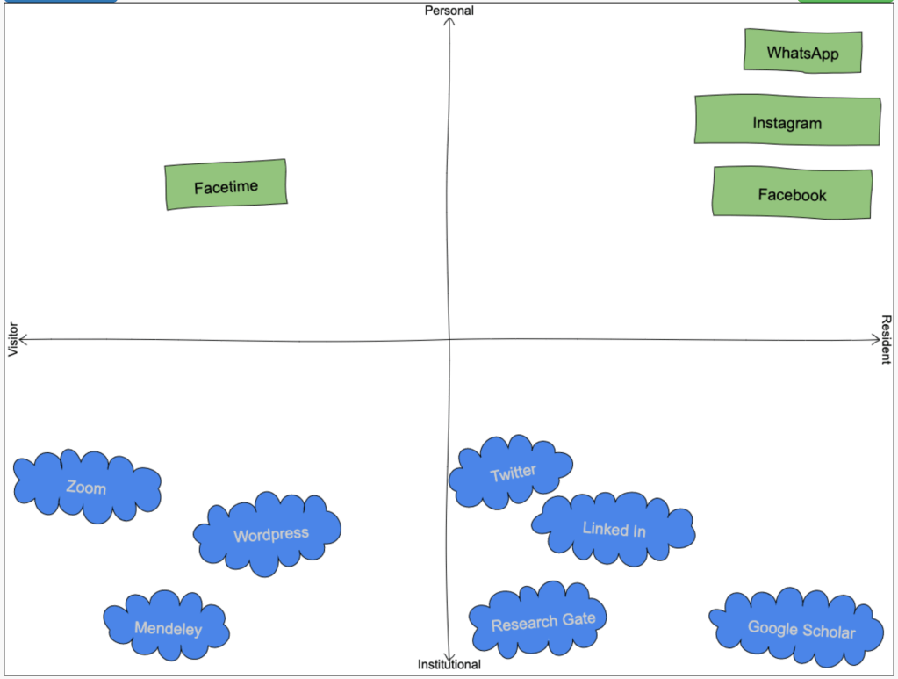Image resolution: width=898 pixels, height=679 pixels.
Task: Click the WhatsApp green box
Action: [802, 52]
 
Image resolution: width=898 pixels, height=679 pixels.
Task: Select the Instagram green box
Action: [787, 121]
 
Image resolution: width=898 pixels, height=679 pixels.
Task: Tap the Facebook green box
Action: [792, 192]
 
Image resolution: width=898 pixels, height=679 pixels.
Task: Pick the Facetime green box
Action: [226, 185]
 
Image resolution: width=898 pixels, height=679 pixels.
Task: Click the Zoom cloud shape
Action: [87, 486]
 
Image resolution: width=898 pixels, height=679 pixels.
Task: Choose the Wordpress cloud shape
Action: [269, 533]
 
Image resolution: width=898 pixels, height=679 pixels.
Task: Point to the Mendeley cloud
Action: [167, 626]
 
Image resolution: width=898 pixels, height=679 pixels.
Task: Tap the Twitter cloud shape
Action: [511, 472]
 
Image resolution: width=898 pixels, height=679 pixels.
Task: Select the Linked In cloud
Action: [614, 528]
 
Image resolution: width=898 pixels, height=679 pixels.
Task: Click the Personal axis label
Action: [449, 11]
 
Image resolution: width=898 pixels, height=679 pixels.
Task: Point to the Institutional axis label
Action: [449, 664]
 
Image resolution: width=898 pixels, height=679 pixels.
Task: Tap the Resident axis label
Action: [886, 339]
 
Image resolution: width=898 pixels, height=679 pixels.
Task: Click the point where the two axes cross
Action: [449, 340]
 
